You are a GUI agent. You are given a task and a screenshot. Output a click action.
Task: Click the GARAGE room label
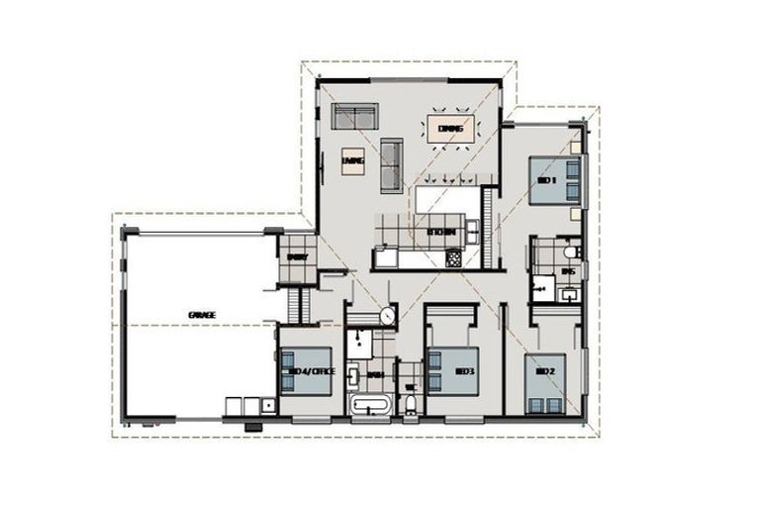pos(202,315)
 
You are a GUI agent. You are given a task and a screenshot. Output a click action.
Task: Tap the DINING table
pos(450,129)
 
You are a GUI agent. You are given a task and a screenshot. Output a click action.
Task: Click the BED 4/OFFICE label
pos(310,371)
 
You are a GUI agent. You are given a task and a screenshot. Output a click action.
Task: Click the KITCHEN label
pos(440,233)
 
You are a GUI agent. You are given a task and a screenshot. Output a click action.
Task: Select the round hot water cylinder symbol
pos(387,315)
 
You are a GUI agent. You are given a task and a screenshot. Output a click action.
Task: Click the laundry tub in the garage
pos(268,405)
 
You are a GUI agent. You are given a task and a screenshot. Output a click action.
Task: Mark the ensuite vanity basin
pos(572,294)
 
